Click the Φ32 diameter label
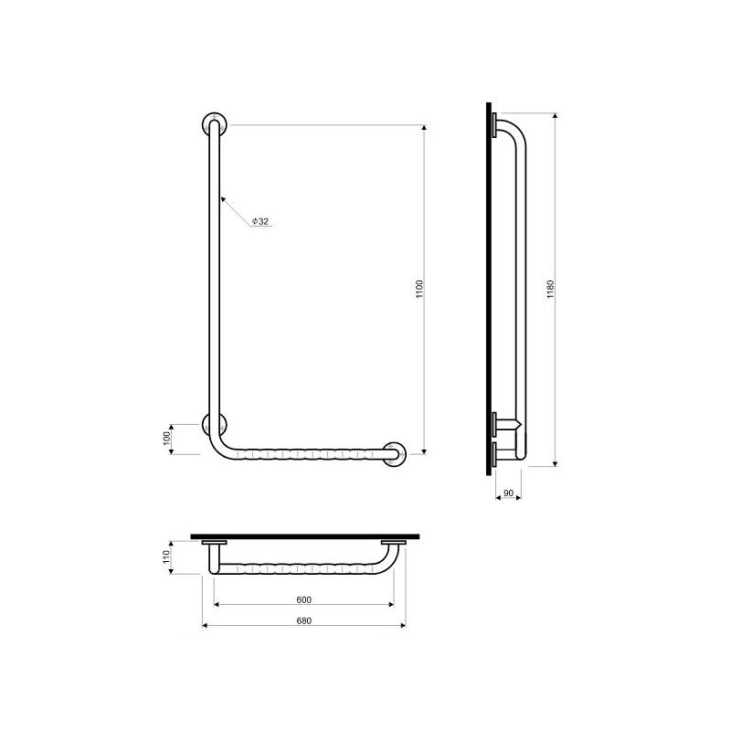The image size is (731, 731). (x=260, y=221)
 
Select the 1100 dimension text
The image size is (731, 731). (x=419, y=289)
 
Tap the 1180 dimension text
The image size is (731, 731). (x=551, y=289)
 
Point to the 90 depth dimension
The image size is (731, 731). (x=508, y=493)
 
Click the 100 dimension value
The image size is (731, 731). (x=167, y=439)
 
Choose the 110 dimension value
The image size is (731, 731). (x=167, y=557)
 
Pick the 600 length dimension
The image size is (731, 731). (x=303, y=599)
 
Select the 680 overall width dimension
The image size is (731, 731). (x=303, y=620)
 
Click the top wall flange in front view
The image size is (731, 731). (x=215, y=124)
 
